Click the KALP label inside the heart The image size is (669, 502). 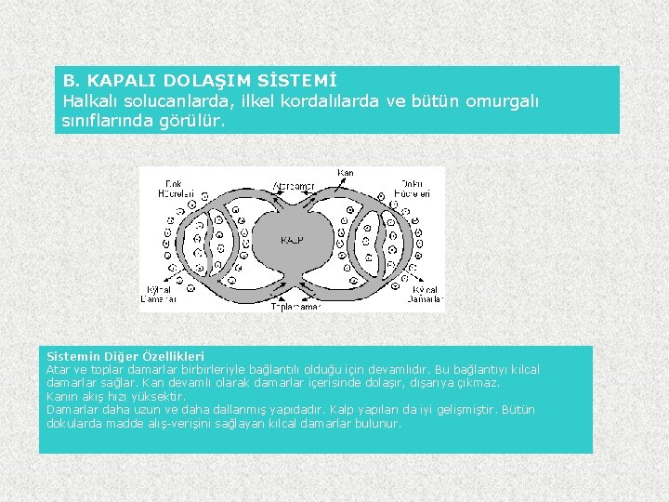(x=292, y=240)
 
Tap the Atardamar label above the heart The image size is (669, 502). (x=294, y=186)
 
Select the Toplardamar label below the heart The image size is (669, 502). (x=296, y=305)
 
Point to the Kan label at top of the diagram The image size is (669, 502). (x=346, y=173)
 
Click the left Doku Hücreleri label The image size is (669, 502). (x=179, y=189)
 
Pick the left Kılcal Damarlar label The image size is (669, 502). (x=159, y=295)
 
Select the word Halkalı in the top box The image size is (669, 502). (x=94, y=101)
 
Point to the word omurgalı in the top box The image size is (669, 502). (x=503, y=101)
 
